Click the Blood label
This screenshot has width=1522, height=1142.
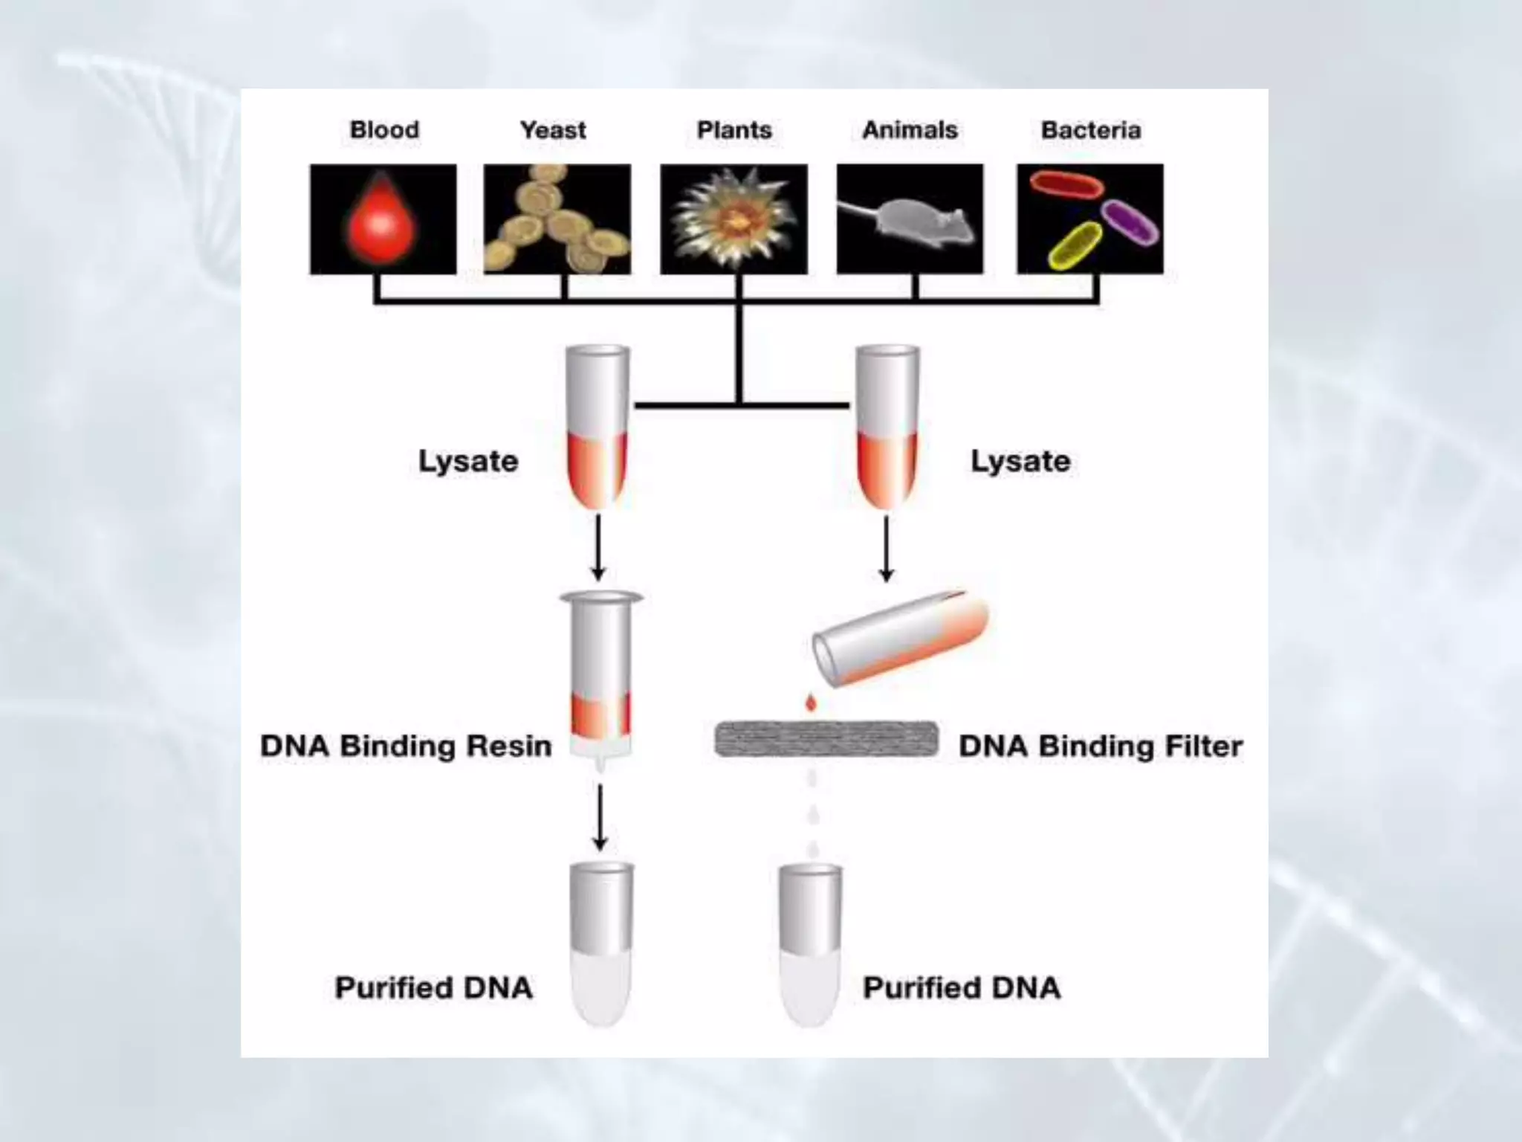[x=384, y=130]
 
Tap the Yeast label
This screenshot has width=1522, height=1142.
[x=553, y=130]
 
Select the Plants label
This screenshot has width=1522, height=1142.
[x=734, y=130]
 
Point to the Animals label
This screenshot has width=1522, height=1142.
[x=910, y=130]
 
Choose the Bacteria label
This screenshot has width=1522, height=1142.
[x=1091, y=130]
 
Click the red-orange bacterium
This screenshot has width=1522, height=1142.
[x=1065, y=184]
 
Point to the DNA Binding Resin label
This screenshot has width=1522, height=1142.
[x=406, y=746]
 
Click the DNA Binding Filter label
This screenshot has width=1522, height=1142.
[x=1101, y=746]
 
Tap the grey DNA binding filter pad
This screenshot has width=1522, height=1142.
[x=826, y=739]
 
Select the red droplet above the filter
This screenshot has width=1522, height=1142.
[x=811, y=703]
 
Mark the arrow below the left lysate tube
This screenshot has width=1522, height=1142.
[x=598, y=549]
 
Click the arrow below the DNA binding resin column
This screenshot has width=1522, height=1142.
[x=600, y=817]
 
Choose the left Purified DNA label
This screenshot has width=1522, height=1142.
[x=434, y=987]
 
